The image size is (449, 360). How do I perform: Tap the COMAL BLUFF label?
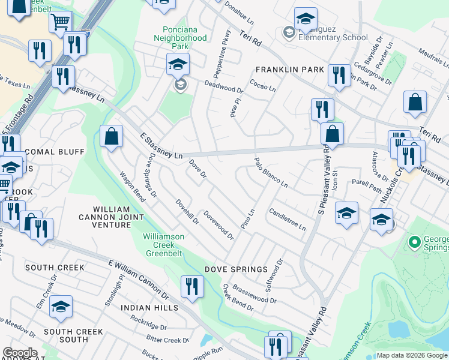tap(55, 152)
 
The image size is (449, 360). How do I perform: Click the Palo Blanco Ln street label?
tap(271, 173)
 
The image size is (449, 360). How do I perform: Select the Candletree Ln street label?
tap(288, 220)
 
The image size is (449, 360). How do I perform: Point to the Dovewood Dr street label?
tap(218, 224)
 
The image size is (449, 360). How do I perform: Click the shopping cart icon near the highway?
tap(60, 23)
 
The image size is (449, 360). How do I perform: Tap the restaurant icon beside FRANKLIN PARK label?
tap(339, 75)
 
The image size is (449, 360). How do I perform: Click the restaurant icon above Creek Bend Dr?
tap(192, 286)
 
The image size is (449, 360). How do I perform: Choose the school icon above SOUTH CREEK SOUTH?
tap(61, 307)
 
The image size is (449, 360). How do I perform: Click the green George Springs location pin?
tap(413, 242)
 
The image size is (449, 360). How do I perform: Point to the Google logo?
tap(20, 353)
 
